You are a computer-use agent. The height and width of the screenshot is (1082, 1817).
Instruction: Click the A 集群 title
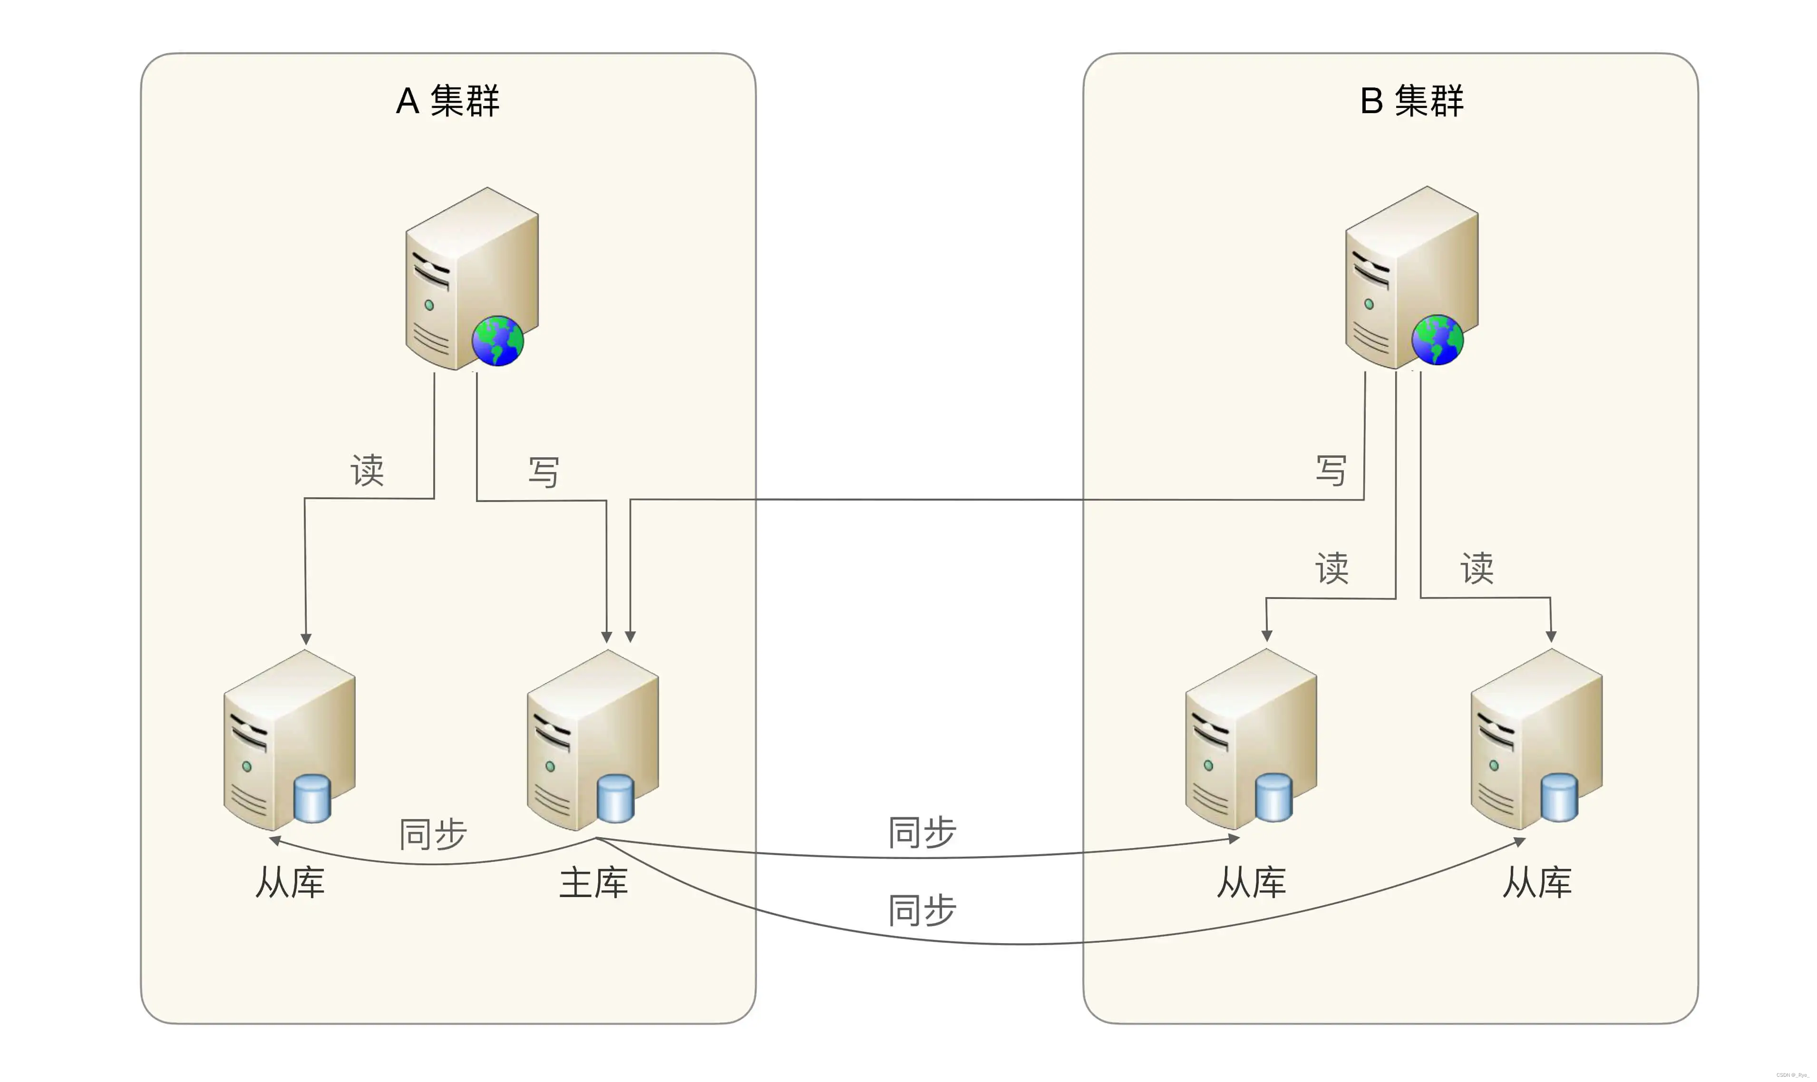pyautogui.click(x=447, y=101)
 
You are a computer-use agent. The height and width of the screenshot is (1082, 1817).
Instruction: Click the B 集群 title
pyautogui.click(x=1411, y=101)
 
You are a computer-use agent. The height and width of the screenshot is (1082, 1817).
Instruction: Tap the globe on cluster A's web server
pyautogui.click(x=498, y=340)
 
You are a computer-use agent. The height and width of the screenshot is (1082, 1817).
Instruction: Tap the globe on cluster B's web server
pyautogui.click(x=1437, y=340)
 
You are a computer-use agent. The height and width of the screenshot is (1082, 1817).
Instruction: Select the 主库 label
pyautogui.click(x=593, y=883)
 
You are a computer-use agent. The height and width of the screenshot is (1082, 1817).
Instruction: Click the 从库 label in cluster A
pyautogui.click(x=290, y=883)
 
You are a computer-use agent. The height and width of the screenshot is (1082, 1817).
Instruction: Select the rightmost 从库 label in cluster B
pyautogui.click(x=1537, y=883)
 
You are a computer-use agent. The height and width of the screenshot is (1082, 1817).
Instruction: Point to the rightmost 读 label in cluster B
pyautogui.click(x=1477, y=568)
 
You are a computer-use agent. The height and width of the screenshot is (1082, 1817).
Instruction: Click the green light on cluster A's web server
pyautogui.click(x=429, y=306)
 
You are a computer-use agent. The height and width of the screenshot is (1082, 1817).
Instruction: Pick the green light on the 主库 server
pyautogui.click(x=551, y=766)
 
